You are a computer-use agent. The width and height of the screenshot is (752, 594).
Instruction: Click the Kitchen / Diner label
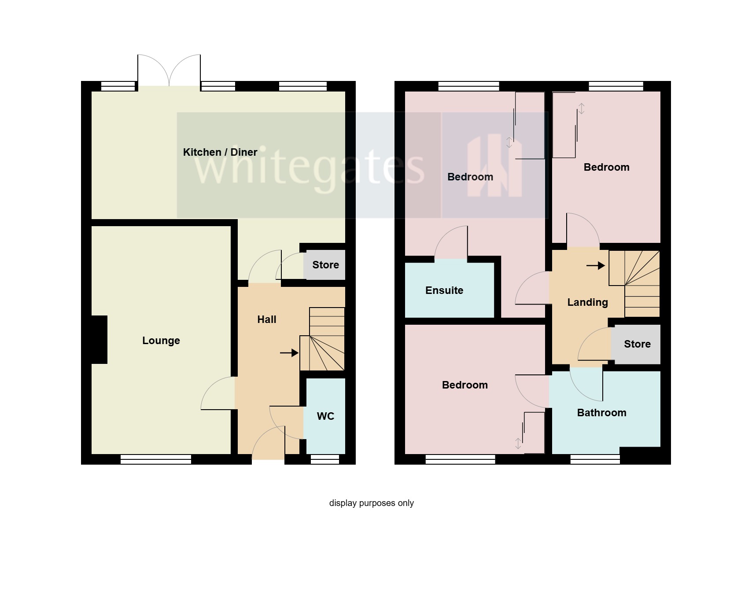pyautogui.click(x=220, y=152)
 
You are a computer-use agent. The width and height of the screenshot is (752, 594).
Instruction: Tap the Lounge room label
pyautogui.click(x=161, y=341)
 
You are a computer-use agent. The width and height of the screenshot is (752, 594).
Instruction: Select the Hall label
pyautogui.click(x=266, y=319)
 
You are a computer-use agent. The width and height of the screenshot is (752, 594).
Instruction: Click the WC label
pyautogui.click(x=325, y=416)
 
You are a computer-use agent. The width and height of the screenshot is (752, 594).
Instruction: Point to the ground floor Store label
pyautogui.click(x=325, y=265)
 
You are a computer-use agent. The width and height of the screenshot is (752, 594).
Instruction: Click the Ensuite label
pyautogui.click(x=444, y=290)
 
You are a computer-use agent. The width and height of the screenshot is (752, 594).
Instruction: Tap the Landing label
pyautogui.click(x=587, y=302)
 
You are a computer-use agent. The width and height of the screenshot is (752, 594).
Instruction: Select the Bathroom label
pyautogui.click(x=601, y=413)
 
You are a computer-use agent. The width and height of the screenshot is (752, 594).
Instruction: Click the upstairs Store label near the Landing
pyautogui.click(x=637, y=344)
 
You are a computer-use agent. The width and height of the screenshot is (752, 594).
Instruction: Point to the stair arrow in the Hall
pyautogui.click(x=289, y=353)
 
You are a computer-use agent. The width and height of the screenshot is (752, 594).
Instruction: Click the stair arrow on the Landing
pyautogui.click(x=595, y=265)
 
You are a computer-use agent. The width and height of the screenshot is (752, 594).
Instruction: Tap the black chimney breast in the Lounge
pyautogui.click(x=99, y=339)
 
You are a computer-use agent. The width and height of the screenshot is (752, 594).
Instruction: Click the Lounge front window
pyautogui.click(x=156, y=459)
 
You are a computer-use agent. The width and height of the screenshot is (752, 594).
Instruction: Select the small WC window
pyautogui.click(x=325, y=459)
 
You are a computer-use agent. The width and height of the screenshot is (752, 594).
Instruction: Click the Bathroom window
pyautogui.click(x=595, y=459)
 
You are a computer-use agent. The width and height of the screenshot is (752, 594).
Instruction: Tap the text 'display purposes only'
pyautogui.click(x=371, y=503)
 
